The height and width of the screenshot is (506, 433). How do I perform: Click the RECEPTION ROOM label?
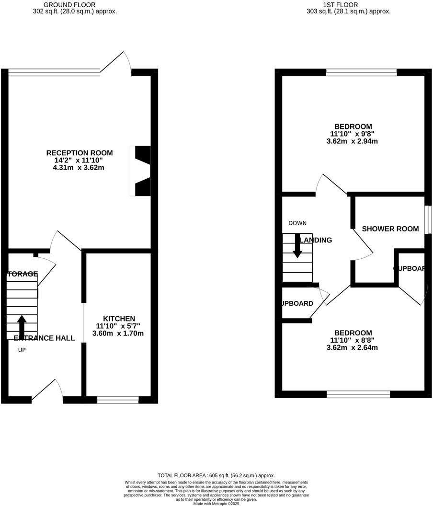coord(79,153)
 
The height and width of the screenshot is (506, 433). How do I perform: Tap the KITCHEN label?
coord(119,319)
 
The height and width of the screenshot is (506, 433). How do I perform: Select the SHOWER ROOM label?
coord(390,229)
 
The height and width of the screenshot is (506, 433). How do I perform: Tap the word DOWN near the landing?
coord(297,223)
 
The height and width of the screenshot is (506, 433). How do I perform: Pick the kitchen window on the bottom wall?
coord(118,398)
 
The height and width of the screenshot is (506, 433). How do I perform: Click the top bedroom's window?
coord(362,73)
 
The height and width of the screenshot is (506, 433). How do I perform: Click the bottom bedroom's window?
coord(358,394)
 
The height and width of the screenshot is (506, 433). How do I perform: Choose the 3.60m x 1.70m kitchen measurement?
coord(118,333)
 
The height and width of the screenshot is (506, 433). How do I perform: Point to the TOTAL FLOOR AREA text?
coord(216,475)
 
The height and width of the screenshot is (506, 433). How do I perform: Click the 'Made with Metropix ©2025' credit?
coord(216,504)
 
